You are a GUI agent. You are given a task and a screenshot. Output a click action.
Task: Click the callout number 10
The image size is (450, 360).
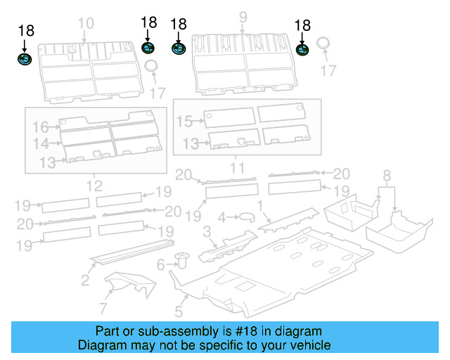click(85, 23)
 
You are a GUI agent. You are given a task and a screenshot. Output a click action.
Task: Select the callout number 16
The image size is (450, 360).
click(40, 127)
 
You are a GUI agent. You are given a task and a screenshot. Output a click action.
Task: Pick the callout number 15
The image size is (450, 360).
click(184, 122)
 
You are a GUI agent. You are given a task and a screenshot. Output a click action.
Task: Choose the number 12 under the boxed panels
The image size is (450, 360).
click(94, 186)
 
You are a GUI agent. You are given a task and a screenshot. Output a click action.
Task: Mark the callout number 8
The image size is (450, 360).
click(386, 175)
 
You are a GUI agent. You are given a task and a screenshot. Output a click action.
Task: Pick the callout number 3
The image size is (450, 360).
click(206, 231)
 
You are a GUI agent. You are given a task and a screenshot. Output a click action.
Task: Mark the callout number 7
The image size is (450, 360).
click(103, 307)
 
